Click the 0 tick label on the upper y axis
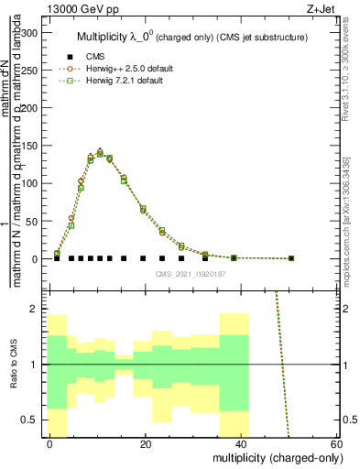(37, 259)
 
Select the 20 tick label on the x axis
(146, 444)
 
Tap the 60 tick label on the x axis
(335, 444)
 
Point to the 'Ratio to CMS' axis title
(13, 365)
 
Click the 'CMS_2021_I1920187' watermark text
(190, 274)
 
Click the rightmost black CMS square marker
(291, 258)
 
